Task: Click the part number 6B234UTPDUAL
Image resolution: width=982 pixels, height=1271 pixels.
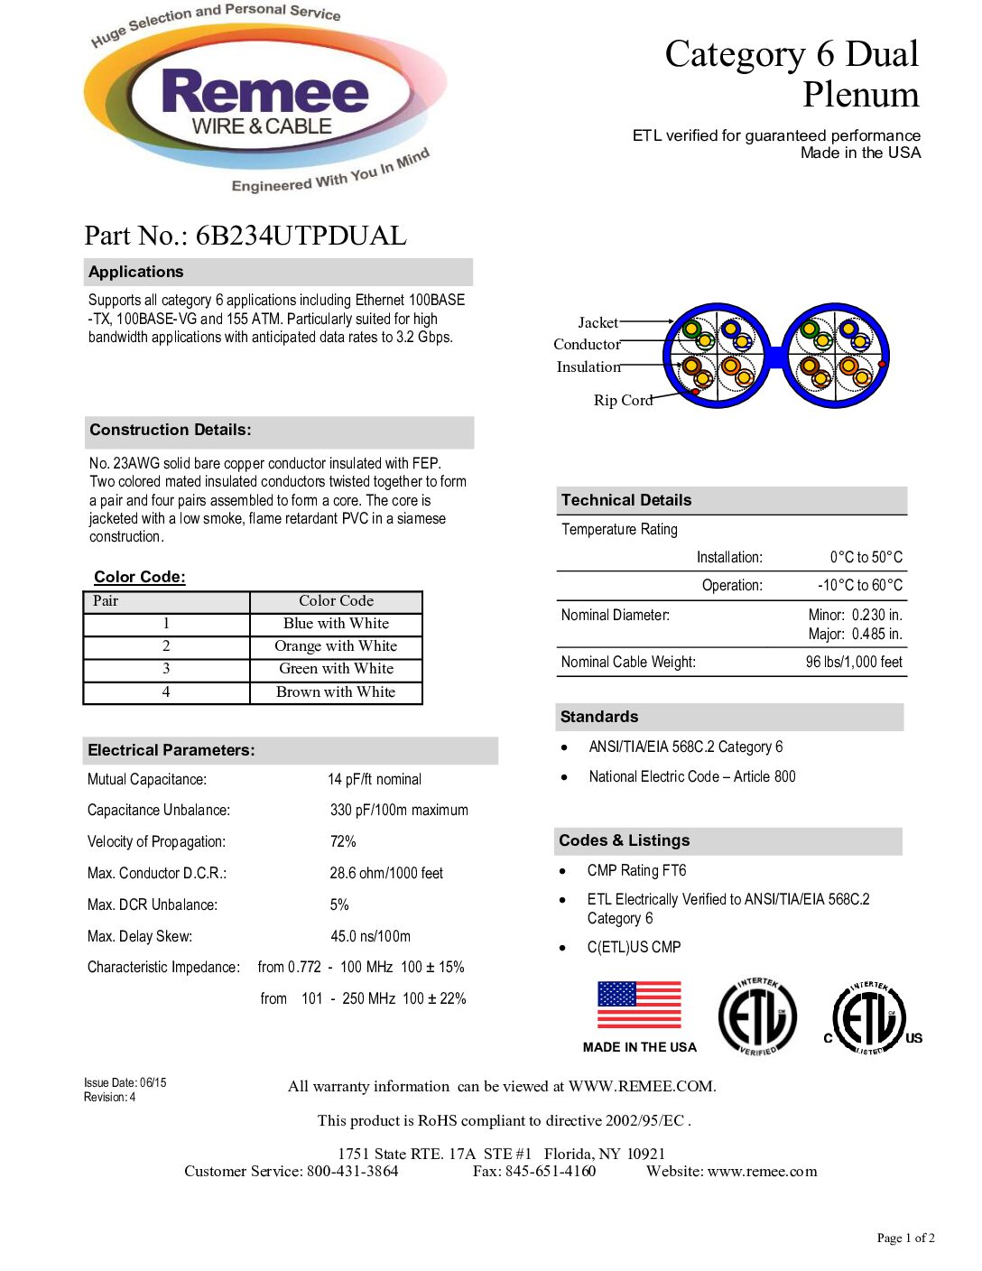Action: coord(301,236)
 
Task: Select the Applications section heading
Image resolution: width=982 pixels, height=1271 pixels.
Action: coord(136,272)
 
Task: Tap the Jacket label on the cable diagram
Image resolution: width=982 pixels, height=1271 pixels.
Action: coord(598,322)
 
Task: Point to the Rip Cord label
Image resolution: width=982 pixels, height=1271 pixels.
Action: coord(623,400)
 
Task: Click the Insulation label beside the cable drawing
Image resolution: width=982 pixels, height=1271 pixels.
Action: coord(588,366)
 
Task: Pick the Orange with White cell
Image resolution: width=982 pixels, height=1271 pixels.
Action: coord(336,646)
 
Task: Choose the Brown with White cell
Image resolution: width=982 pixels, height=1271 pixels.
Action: coord(336,692)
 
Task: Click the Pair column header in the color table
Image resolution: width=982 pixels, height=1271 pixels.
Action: coord(106,601)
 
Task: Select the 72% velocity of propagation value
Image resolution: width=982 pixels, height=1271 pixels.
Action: coord(343,841)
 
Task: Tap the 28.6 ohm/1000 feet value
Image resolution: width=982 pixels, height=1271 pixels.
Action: coord(386,873)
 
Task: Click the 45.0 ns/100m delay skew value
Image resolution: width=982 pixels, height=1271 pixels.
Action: coord(370,936)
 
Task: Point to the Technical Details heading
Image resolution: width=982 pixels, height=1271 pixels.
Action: coord(626,500)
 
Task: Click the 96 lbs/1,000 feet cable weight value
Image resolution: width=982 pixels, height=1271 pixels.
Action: coord(854,662)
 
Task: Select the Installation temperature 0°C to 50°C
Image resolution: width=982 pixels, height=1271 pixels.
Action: coord(866,557)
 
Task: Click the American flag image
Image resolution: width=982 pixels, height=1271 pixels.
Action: coord(639,1005)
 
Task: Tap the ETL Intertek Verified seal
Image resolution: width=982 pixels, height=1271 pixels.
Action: coord(757,1016)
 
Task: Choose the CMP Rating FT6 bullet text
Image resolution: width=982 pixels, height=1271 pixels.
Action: coord(636,870)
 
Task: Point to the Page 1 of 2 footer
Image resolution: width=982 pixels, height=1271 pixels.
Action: coord(905,1238)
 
